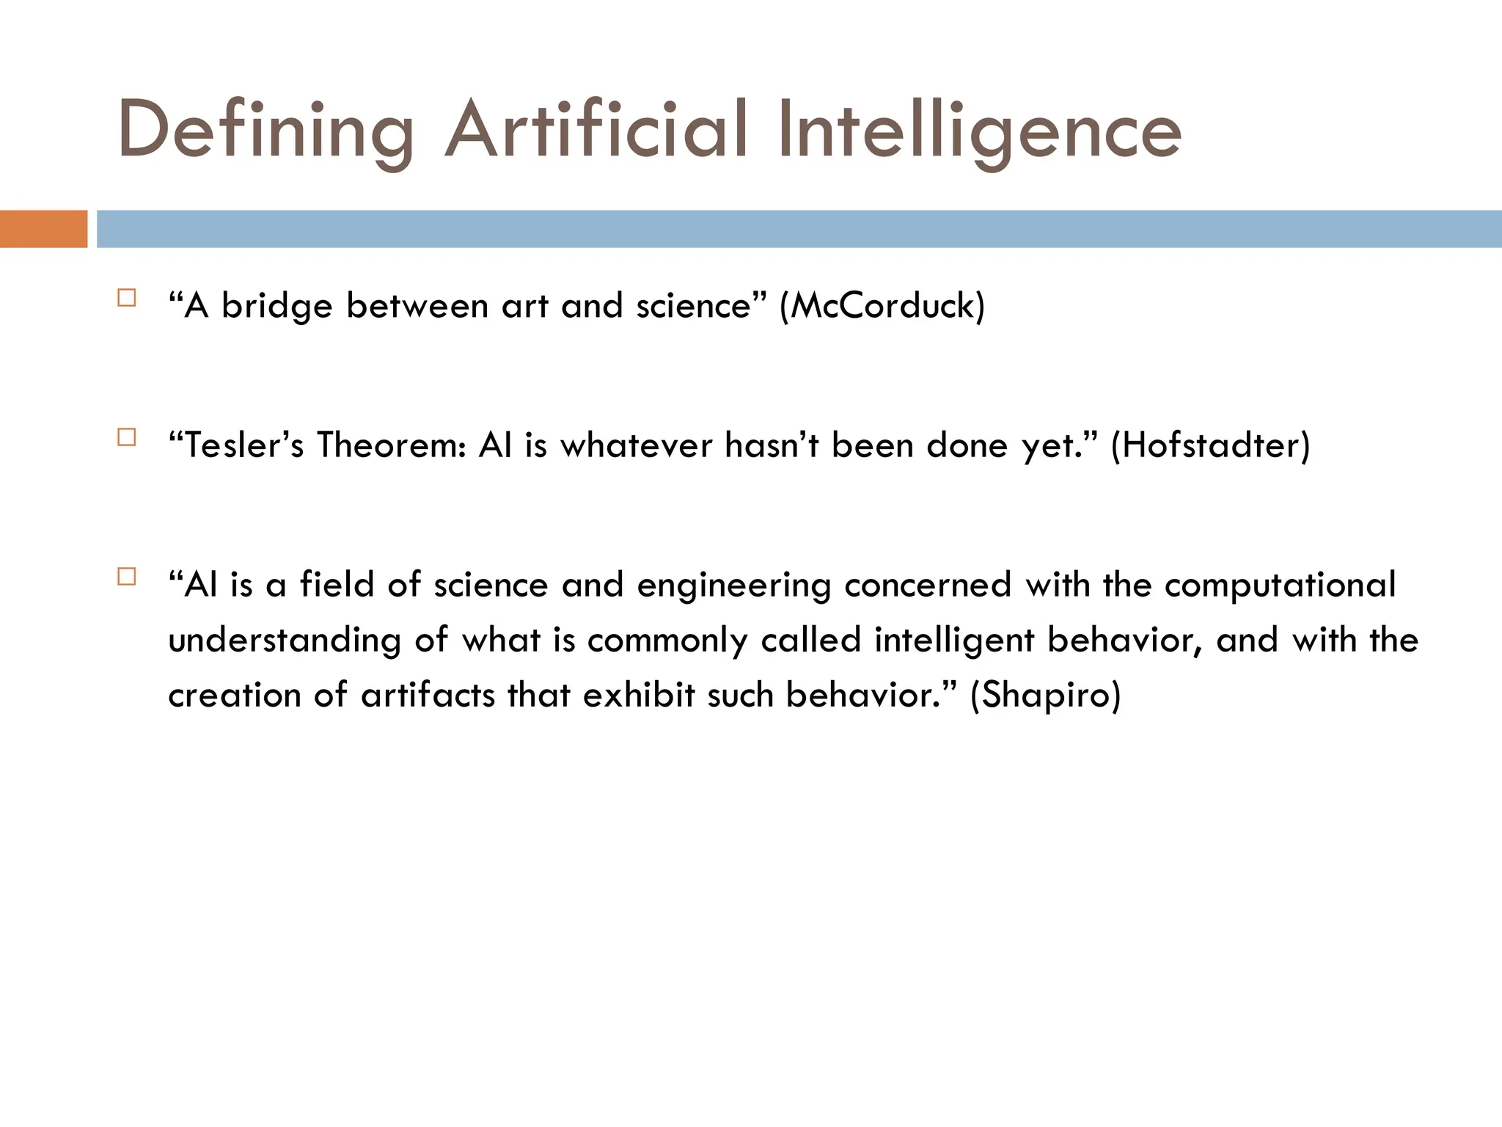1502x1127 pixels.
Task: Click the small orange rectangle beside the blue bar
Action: click(x=43, y=229)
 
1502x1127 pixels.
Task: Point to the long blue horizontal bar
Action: click(x=799, y=229)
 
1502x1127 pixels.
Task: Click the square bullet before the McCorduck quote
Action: click(x=127, y=298)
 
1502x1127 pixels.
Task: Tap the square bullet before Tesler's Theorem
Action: click(x=127, y=437)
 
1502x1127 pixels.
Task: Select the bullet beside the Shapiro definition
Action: click(x=127, y=577)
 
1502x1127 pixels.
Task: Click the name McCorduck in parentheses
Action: click(x=882, y=305)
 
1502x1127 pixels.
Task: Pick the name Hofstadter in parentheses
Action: click(x=1210, y=445)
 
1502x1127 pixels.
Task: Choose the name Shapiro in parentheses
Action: click(x=1046, y=695)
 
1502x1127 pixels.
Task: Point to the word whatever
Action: click(x=636, y=445)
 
